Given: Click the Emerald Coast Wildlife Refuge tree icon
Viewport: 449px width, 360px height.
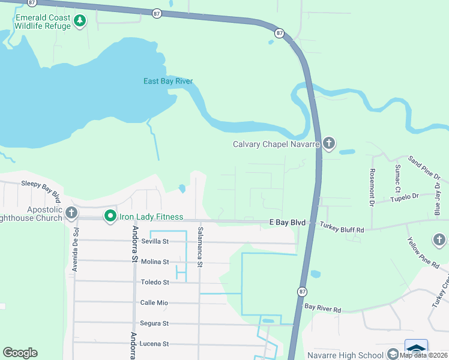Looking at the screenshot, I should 79,22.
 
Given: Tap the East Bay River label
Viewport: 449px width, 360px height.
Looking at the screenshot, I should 167,81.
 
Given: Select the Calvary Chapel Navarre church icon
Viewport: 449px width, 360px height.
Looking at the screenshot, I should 328,143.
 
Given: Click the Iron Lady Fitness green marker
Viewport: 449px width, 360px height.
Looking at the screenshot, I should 110,216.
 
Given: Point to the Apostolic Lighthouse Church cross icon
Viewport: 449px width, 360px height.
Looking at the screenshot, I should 71,212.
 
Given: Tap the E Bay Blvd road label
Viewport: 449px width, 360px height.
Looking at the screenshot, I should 287,223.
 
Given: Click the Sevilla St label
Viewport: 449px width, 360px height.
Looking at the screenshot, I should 155,241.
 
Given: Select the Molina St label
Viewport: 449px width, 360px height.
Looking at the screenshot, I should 155,262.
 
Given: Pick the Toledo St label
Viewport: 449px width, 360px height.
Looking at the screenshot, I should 155,282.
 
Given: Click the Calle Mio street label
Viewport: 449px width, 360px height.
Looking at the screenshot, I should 154,302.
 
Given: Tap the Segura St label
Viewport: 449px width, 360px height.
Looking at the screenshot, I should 154,323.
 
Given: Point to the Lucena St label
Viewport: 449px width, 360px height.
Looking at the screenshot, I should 154,344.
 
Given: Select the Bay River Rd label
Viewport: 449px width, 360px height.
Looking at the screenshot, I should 322,309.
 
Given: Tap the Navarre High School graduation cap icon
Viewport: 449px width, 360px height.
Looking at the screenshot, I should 393,353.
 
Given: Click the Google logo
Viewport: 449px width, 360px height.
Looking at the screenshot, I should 20,353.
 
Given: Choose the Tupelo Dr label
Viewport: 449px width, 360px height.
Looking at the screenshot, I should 404,197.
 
